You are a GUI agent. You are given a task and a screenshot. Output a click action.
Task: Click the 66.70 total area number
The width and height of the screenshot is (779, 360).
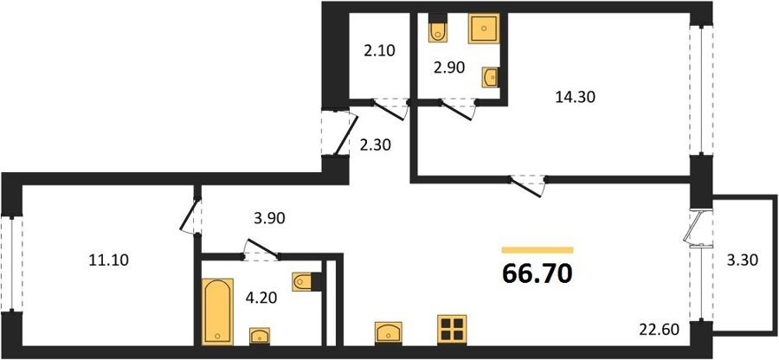pos(538,273)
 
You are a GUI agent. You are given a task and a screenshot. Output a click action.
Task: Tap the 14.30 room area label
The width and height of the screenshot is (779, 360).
pos(575,97)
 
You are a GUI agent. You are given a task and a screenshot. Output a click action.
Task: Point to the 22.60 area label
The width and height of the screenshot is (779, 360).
pos(659,329)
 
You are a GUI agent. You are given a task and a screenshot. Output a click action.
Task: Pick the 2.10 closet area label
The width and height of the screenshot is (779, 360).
pos(378,51)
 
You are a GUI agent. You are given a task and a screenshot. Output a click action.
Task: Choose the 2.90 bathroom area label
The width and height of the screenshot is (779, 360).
pos(448,67)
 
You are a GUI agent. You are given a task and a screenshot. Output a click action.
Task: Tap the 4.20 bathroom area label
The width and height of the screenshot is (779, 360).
pos(261,298)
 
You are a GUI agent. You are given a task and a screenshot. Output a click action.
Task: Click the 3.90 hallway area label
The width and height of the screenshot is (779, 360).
pos(269,218)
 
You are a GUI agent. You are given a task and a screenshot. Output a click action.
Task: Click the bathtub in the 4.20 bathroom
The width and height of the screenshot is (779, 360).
pos(217,311)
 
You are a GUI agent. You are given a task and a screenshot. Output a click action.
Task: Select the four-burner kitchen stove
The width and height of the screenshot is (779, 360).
pos(452,329)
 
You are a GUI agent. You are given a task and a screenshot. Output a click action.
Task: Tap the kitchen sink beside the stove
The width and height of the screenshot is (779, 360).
pos(389,332)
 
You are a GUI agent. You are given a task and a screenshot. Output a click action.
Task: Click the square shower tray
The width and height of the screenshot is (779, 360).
pos(483,29)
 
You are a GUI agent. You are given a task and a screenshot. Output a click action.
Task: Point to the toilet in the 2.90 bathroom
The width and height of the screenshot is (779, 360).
pos(438,29)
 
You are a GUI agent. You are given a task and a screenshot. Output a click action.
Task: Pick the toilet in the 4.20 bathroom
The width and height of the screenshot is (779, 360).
pos(304,281)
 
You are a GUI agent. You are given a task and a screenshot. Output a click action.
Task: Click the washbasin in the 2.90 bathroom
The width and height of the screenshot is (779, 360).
pos(491,77)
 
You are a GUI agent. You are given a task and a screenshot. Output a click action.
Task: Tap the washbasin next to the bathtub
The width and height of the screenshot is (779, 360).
pos(260,336)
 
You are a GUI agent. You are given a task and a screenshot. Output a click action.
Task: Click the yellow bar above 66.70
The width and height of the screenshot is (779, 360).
pos(538,250)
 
